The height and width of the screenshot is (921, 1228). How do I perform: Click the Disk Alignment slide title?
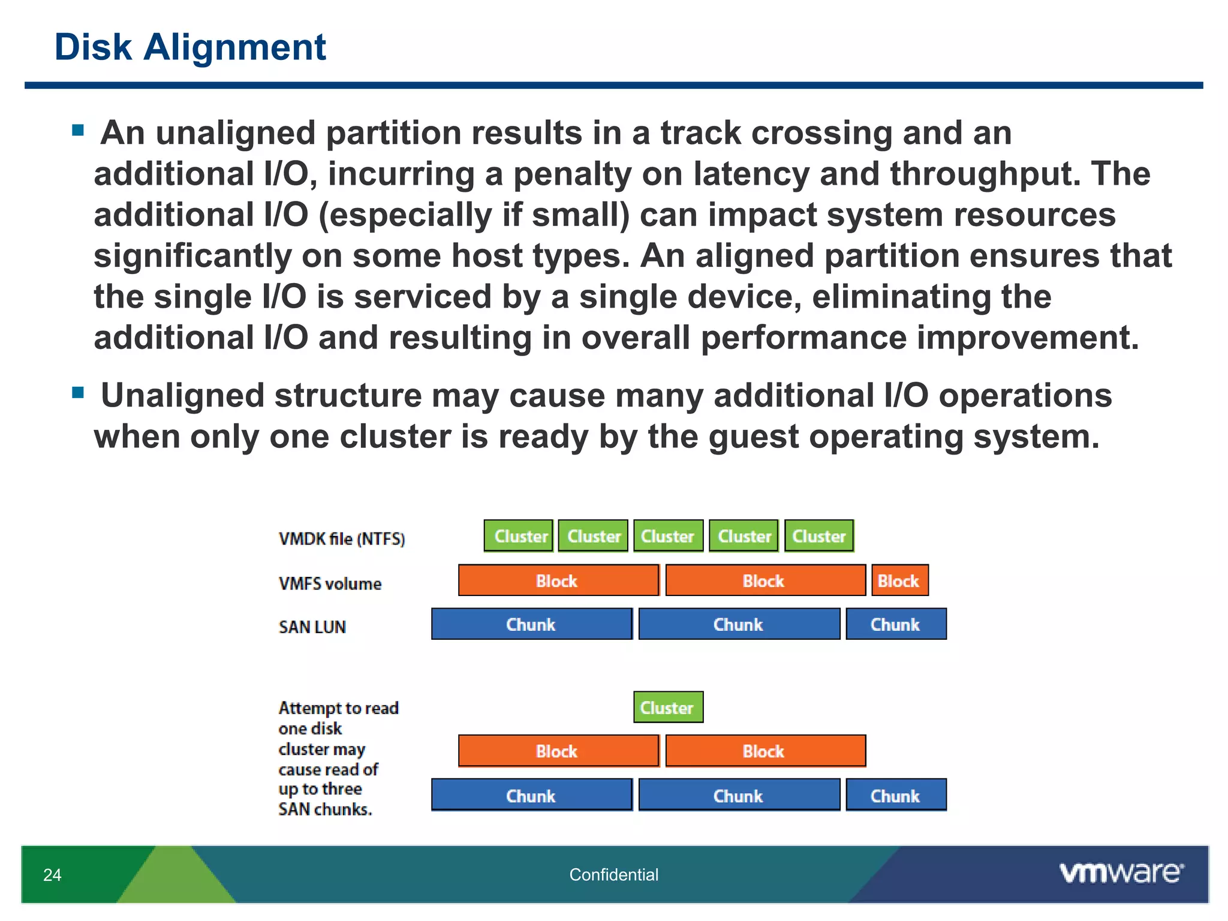click(190, 47)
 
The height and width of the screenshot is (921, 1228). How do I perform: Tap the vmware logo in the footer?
click(1121, 872)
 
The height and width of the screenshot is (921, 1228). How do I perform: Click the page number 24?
click(52, 875)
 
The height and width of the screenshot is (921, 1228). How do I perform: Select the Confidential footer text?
click(613, 875)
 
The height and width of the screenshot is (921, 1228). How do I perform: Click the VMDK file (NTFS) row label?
click(342, 538)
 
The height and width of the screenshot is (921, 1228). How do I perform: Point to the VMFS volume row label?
click(330, 583)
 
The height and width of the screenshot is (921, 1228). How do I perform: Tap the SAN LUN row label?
click(312, 627)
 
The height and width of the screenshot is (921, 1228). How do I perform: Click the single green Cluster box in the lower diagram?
click(668, 708)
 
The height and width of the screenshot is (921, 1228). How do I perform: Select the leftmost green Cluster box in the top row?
click(519, 536)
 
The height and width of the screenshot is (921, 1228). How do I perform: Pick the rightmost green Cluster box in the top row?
click(819, 536)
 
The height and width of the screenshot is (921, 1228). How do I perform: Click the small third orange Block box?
click(899, 580)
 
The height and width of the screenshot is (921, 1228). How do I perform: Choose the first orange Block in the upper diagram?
click(558, 580)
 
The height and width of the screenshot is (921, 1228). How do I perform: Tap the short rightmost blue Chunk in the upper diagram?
click(896, 624)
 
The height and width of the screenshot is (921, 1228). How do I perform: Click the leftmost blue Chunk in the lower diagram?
click(531, 795)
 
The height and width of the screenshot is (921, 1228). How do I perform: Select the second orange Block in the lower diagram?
click(765, 751)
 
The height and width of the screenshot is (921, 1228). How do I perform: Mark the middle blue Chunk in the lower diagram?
click(739, 795)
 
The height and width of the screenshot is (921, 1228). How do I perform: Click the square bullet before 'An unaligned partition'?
click(78, 130)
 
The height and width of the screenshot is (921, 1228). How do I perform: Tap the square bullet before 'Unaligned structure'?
click(78, 393)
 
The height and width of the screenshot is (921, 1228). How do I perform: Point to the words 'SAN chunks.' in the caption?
click(325, 809)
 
